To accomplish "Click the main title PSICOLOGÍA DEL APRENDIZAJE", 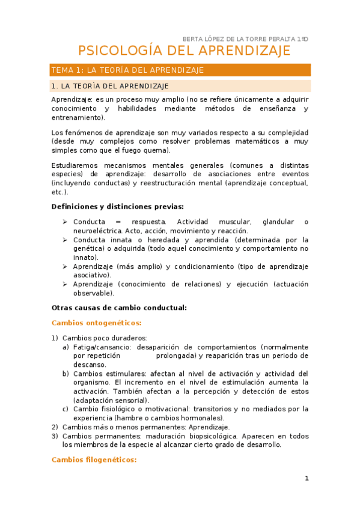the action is pos(185,51).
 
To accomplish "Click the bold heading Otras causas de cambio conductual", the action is pos(120,307).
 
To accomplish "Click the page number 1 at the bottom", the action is pos(307,479).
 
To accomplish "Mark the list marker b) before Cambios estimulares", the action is pos(66,373).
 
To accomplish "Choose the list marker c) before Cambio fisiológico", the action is pos(66,409).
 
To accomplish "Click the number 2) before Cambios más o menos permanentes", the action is pos(55,427).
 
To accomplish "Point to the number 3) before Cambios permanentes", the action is pos(55,436).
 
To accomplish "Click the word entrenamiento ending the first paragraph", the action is pos(76,117).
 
